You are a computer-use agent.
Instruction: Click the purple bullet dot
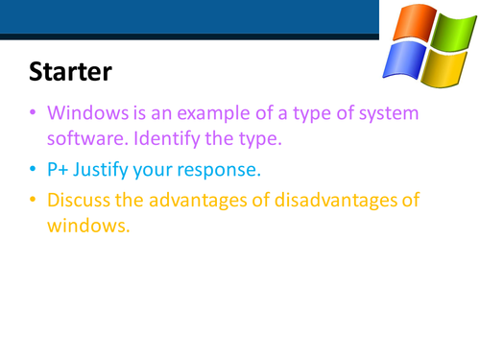pyautogui.click(x=34, y=114)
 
